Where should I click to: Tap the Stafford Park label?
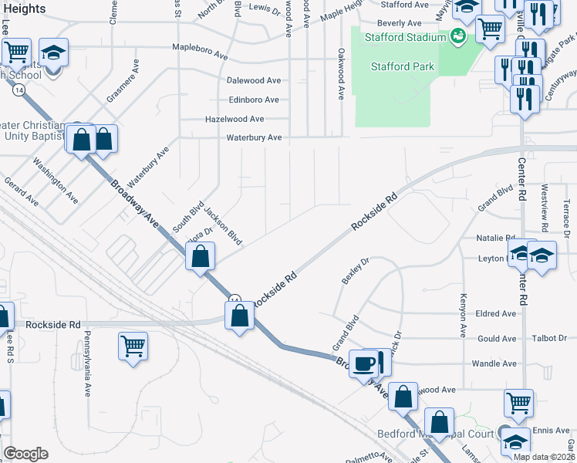click(402, 66)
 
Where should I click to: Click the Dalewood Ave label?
click(254, 80)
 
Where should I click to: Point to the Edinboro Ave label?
click(254, 100)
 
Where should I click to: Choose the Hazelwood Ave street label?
click(235, 119)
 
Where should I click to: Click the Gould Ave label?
click(497, 339)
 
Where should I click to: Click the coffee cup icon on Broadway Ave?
click(363, 363)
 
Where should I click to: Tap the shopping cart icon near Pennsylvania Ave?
click(133, 345)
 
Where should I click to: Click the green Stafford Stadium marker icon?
click(458, 35)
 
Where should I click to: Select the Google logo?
click(25, 454)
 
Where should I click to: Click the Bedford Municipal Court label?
click(436, 434)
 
